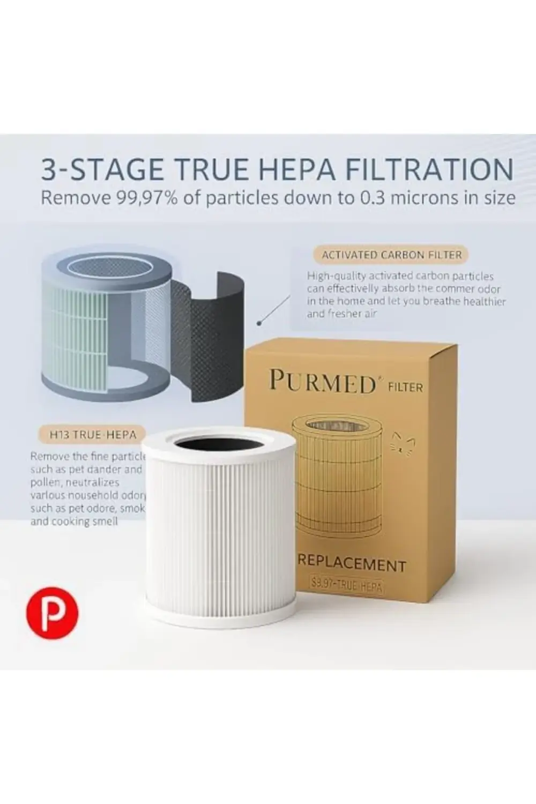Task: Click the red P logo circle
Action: (x=52, y=613)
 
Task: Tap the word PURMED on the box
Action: (x=322, y=382)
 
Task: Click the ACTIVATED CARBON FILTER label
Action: (x=391, y=255)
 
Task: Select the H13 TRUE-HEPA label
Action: (x=93, y=434)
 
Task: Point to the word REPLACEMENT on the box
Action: (x=352, y=564)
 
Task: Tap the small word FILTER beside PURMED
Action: (x=405, y=386)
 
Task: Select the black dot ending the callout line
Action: (x=259, y=323)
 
